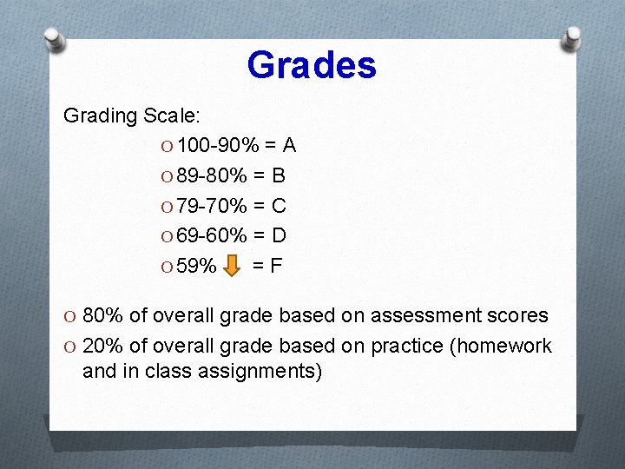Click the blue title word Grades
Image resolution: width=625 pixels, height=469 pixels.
tap(311, 65)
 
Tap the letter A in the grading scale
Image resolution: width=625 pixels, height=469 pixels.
tap(289, 145)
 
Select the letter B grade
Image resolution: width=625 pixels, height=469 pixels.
tap(278, 176)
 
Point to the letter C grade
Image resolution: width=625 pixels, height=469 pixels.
tap(278, 206)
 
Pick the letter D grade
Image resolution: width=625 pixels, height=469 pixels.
tap(278, 235)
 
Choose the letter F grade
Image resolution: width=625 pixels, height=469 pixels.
tap(275, 265)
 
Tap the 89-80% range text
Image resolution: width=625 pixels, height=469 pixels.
tap(206, 176)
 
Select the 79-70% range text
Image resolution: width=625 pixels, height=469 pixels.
tap(206, 206)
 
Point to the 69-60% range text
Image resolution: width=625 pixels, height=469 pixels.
tap(206, 235)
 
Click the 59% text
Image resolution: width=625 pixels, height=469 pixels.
tap(196, 265)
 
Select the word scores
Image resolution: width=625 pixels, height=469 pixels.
tap(519, 316)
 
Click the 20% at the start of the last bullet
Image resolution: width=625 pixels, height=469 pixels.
tap(103, 346)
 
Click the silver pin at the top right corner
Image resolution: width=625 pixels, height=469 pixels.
tap(573, 36)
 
